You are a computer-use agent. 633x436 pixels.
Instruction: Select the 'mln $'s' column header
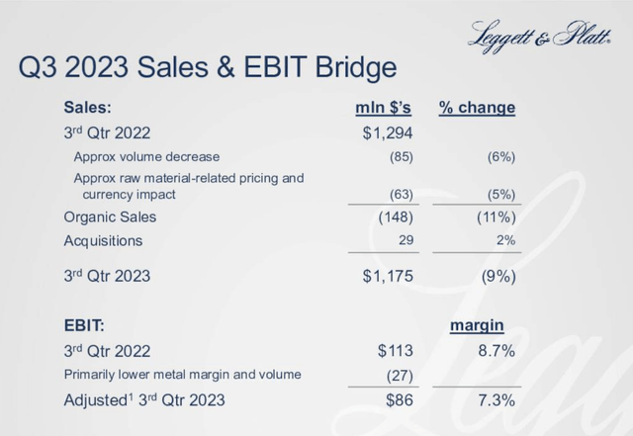pyautogui.click(x=383, y=107)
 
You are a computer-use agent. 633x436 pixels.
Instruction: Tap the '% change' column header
pyautogui.click(x=477, y=107)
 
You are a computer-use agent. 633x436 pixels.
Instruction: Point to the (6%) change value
pyautogui.click(x=498, y=156)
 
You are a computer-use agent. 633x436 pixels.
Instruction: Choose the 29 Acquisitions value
pyautogui.click(x=403, y=240)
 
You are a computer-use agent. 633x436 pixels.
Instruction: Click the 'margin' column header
pyautogui.click(x=480, y=324)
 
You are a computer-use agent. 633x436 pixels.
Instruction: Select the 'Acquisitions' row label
pyautogui.click(x=103, y=240)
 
